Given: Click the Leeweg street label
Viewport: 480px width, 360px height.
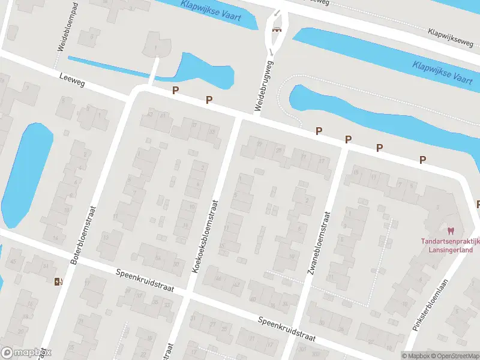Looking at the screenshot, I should [x=73, y=81].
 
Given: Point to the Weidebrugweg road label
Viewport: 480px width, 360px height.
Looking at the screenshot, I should [x=264, y=85].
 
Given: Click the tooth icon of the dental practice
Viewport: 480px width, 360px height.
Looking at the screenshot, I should [x=451, y=230].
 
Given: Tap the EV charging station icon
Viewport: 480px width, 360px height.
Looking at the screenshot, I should [x=58, y=281].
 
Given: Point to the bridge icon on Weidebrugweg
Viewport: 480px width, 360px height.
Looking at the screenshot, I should [x=277, y=30].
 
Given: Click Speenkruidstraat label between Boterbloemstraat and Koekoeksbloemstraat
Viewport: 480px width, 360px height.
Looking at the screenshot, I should [x=145, y=280].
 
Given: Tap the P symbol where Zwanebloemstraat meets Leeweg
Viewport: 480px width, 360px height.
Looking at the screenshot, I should [x=348, y=139].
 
